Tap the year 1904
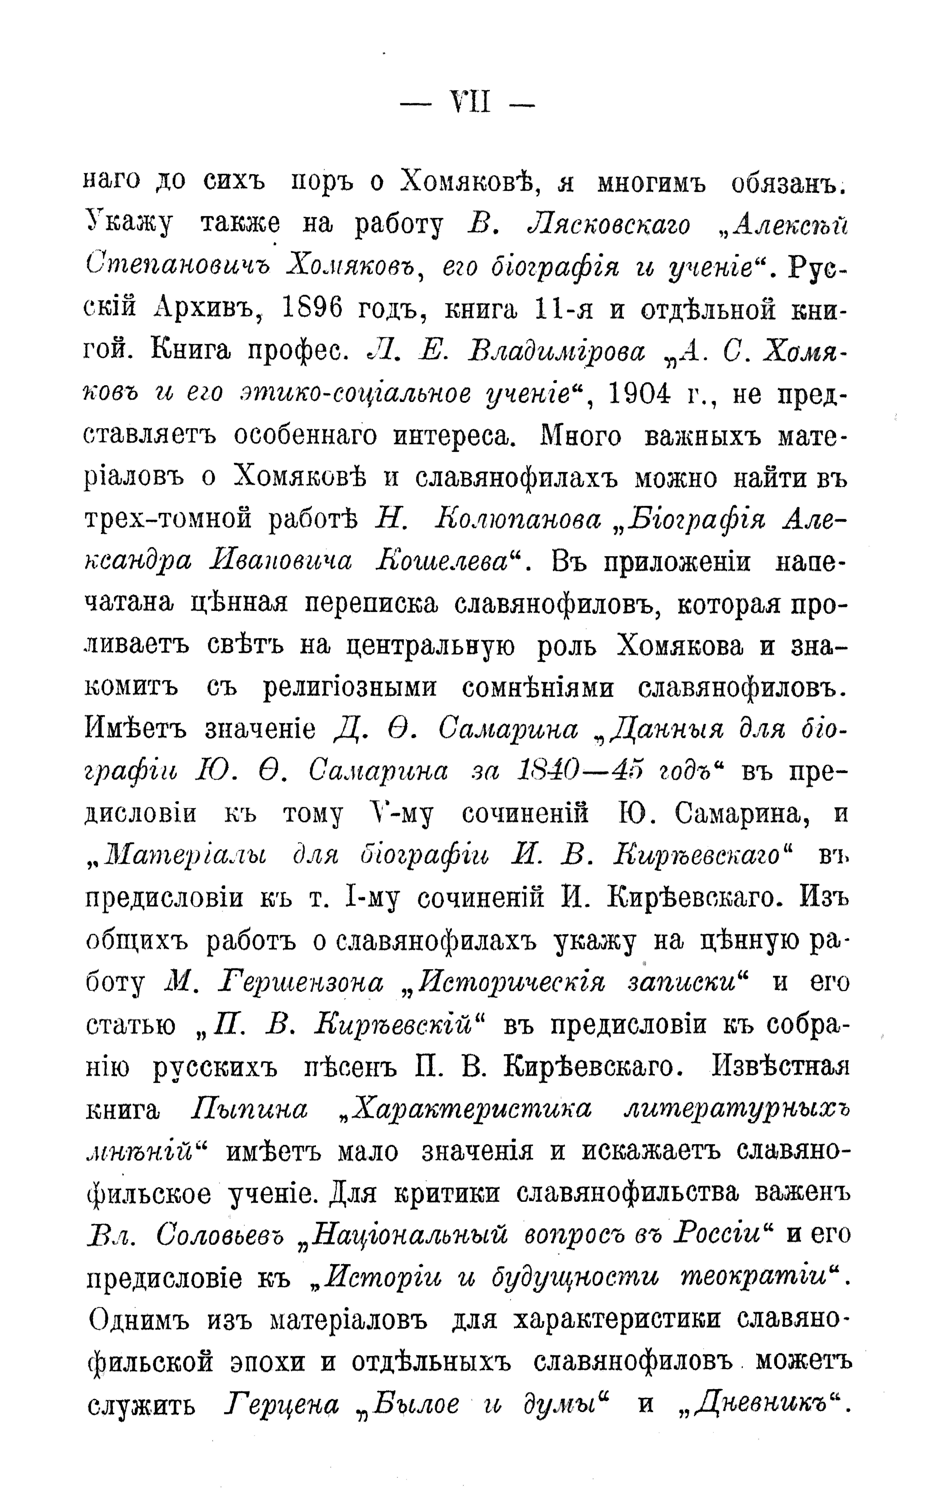tap(646, 393)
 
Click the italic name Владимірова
tap(556, 351)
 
